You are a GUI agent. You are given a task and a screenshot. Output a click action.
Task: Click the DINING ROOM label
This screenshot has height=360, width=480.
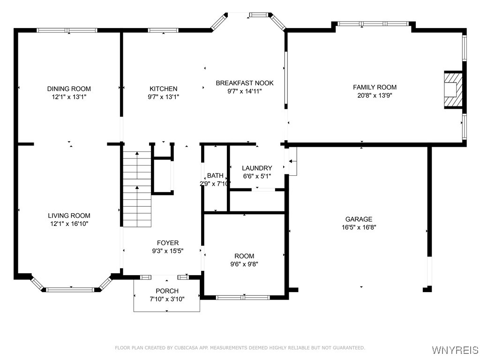coord(69,89)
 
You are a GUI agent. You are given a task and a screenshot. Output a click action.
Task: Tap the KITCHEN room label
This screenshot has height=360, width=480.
coord(163,89)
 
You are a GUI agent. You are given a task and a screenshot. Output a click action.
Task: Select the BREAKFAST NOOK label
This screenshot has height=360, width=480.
coord(244,83)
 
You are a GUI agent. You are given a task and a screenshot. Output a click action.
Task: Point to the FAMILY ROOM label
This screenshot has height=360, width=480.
coord(375,87)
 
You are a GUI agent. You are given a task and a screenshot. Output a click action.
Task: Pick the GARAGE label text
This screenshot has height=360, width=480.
coord(359,219)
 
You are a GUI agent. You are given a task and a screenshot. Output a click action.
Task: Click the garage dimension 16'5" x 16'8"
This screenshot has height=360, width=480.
coord(359,227)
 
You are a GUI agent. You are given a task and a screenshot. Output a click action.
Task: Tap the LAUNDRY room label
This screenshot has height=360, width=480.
coord(256,168)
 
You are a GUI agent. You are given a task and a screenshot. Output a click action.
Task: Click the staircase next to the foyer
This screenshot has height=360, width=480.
coord(137,189)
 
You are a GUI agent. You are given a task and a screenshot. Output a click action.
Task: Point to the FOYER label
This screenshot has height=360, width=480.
coord(167,243)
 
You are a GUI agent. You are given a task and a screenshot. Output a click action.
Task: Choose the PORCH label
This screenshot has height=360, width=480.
coord(167,291)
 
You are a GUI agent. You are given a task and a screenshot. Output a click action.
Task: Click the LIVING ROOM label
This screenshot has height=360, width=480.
coord(69,216)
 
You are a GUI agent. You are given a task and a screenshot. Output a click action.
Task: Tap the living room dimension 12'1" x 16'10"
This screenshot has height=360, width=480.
coord(69,224)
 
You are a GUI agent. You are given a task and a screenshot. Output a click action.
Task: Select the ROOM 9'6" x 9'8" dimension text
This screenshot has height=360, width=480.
coord(244,264)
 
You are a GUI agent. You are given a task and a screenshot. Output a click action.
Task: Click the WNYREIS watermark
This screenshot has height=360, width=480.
coord(455,350)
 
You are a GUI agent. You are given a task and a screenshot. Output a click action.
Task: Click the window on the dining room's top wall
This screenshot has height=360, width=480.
coord(67,30)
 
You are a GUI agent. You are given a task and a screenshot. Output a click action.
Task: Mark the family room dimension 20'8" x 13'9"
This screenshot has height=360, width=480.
coord(375,95)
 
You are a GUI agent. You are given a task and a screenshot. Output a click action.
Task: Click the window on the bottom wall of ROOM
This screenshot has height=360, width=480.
coord(243,297)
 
